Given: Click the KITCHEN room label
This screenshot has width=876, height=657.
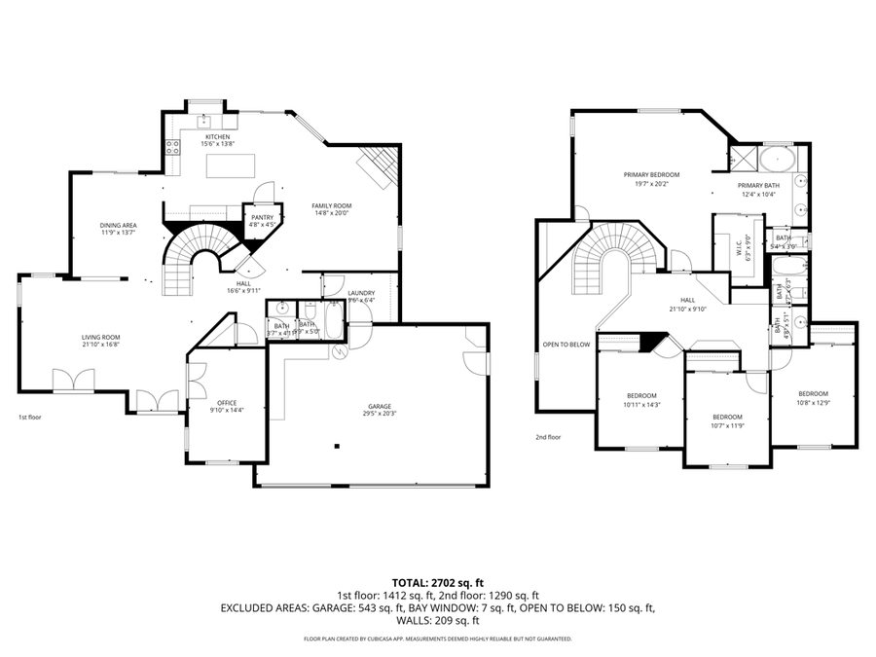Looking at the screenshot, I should (216, 137).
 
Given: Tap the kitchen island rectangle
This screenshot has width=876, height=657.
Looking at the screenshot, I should (230, 165).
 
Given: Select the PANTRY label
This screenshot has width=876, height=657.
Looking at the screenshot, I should (261, 217).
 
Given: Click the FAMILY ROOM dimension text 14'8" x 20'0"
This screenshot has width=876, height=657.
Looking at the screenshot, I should (331, 213).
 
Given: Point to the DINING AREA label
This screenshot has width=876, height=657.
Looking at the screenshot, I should (118, 226).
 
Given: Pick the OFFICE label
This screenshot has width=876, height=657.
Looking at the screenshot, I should (227, 402).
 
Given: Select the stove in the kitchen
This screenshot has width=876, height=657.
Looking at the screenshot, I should (173, 148).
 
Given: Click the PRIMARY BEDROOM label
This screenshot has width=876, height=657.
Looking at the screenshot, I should (651, 175).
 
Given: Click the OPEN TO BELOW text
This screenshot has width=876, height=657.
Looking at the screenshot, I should (566, 345).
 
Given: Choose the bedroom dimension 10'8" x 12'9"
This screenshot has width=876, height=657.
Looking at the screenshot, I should (812, 402).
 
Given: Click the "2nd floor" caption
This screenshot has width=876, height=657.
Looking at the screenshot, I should (548, 437).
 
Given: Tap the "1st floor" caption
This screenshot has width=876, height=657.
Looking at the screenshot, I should (30, 418).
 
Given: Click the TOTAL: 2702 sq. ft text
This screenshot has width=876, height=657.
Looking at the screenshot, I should (437, 582).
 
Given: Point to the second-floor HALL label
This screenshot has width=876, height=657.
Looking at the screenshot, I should (687, 300).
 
